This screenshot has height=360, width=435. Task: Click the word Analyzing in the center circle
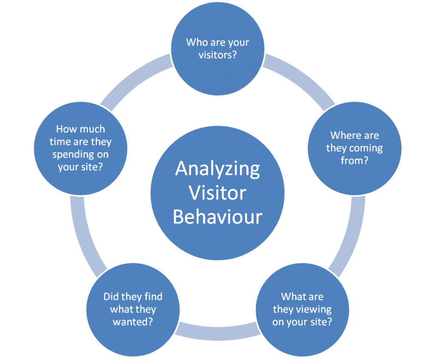[217, 169]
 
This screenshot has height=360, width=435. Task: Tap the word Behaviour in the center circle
[217, 217]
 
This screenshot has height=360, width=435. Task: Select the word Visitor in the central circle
[217, 193]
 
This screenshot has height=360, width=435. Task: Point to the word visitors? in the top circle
[217, 55]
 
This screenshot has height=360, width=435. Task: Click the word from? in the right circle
[355, 160]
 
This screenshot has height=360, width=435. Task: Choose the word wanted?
[133, 322]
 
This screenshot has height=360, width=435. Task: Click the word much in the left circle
[92, 129]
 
